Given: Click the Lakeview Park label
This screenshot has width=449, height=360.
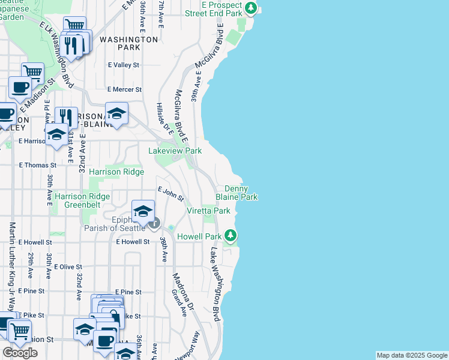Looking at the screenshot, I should pyautogui.click(x=175, y=151).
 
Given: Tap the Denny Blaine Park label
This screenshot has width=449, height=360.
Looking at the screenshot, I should pyautogui.click(x=237, y=193).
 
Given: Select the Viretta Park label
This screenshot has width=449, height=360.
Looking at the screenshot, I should pyautogui.click(x=208, y=211).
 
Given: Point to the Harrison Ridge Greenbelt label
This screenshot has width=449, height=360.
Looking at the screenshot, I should pyautogui.click(x=82, y=200).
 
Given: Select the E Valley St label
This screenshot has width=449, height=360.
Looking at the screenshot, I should pyautogui.click(x=123, y=65).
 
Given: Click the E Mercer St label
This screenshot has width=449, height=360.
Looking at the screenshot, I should pyautogui.click(x=124, y=89).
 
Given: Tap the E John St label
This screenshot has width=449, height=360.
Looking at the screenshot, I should pyautogui.click(x=170, y=194).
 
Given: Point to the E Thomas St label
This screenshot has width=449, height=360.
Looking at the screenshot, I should pyautogui.click(x=37, y=165).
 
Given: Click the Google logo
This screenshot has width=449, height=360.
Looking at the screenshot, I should pyautogui.click(x=20, y=353).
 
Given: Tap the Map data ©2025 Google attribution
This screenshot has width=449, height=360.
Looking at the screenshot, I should pyautogui.click(x=412, y=356).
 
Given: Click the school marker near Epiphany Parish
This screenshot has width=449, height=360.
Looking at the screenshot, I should pyautogui.click(x=143, y=211).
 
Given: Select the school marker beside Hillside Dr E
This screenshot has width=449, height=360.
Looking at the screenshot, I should pyautogui.click(x=116, y=113).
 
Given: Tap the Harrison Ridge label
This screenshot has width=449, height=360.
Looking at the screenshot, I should pyautogui.click(x=116, y=172).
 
